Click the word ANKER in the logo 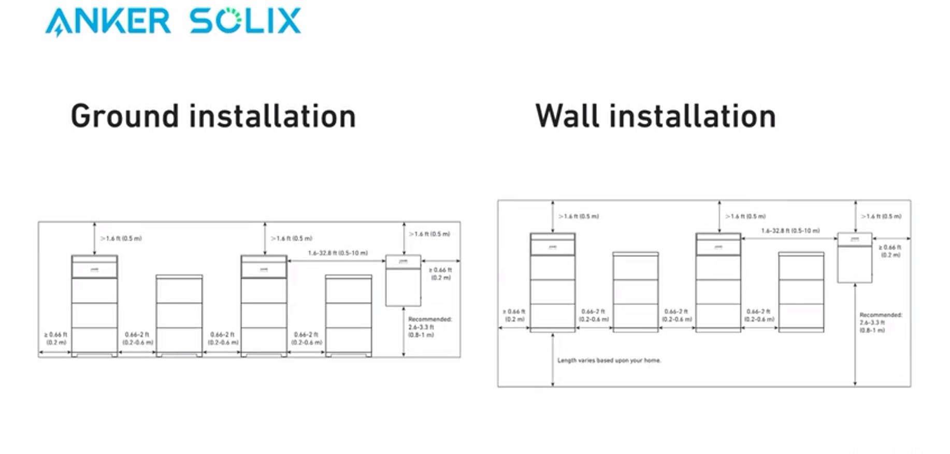108,22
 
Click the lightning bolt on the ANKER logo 58,31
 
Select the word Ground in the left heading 125,116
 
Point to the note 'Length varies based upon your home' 609,360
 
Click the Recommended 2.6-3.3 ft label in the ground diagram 429,327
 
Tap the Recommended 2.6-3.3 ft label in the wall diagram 881,323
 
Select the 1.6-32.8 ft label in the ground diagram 338,253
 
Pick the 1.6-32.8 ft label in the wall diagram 790,231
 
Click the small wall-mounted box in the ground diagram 403,280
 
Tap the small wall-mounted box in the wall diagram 855,258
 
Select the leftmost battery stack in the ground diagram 94,305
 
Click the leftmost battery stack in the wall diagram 553,282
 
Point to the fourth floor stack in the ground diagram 349,315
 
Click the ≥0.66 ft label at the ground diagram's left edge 55,339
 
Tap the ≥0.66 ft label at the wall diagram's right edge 890,251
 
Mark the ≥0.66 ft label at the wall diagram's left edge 514,315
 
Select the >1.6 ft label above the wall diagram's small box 881,216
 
